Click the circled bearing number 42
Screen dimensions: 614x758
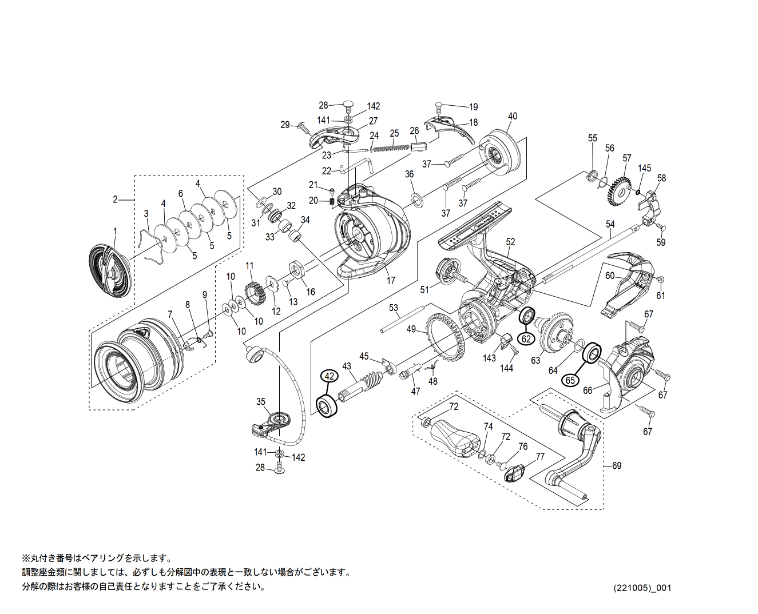[329, 376]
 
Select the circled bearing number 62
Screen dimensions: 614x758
[527, 338]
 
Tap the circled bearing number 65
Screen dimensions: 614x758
[570, 380]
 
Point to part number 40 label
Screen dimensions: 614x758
[512, 116]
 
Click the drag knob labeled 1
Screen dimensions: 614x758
[109, 272]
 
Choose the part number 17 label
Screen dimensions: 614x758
[391, 281]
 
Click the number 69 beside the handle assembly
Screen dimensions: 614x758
[617, 466]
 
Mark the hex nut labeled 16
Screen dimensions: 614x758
[297, 268]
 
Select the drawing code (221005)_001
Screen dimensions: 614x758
[642, 588]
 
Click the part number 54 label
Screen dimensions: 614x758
[610, 224]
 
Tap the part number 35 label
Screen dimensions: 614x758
[261, 402]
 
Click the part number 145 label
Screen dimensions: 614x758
[645, 168]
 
